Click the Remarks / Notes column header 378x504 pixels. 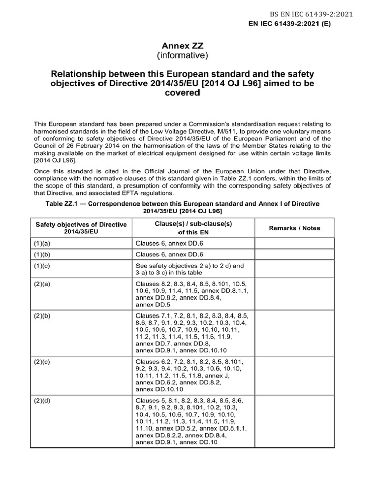[x=294, y=228]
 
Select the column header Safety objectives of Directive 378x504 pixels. [x=81, y=224]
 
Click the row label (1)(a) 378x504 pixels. [x=42, y=243]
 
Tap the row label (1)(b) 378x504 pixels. [x=42, y=254]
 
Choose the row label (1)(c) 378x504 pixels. [x=42, y=266]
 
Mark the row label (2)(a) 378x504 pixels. [x=42, y=284]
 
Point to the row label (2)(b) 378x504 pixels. [x=42, y=315]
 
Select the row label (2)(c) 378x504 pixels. [x=42, y=362]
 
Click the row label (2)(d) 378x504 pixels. [x=42, y=400]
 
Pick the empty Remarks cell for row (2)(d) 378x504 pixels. [x=294, y=421]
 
